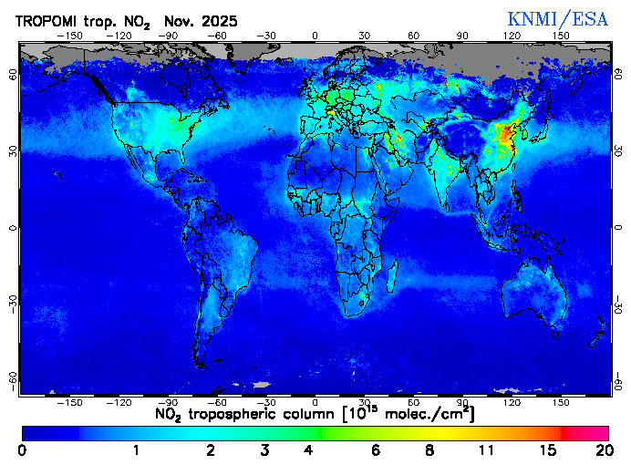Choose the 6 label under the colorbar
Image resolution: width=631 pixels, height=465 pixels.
[x=377, y=450]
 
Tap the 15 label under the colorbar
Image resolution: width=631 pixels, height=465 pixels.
[x=547, y=450]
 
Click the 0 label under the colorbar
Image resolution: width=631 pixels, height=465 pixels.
[x=22, y=450]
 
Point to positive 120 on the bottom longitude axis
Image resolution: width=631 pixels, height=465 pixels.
[x=512, y=401]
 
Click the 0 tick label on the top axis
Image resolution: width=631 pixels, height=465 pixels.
[x=315, y=36]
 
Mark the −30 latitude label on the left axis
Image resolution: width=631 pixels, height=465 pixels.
[x=13, y=303]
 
